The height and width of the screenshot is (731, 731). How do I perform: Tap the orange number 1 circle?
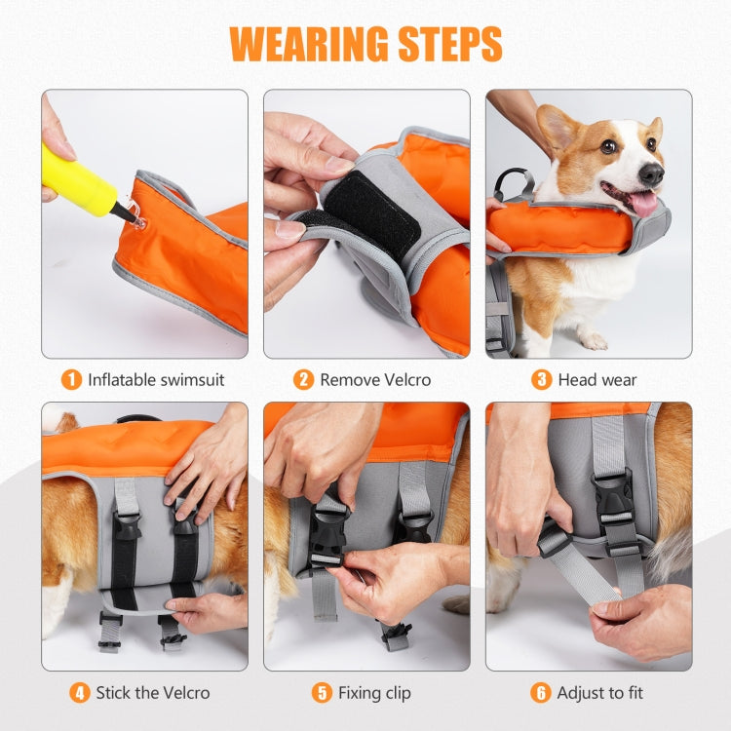click(x=71, y=379)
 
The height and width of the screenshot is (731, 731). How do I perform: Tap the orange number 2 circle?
click(x=304, y=379)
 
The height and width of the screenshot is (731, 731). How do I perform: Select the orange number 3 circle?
click(x=542, y=379)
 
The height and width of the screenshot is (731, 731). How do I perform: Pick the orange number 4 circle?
click(x=80, y=693)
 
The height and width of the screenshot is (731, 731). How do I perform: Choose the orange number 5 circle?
click(x=322, y=693)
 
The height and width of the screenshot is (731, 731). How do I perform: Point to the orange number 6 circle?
click(x=541, y=693)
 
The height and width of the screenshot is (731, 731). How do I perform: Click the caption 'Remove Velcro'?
click(x=375, y=379)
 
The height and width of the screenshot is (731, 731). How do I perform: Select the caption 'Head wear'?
click(x=597, y=379)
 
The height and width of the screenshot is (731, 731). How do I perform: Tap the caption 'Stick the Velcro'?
click(x=152, y=693)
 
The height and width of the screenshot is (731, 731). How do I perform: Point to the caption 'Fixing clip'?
click(x=374, y=693)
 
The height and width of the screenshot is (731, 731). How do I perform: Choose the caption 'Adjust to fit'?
click(x=599, y=693)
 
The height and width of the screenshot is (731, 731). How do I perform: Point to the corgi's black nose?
click(x=652, y=173)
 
